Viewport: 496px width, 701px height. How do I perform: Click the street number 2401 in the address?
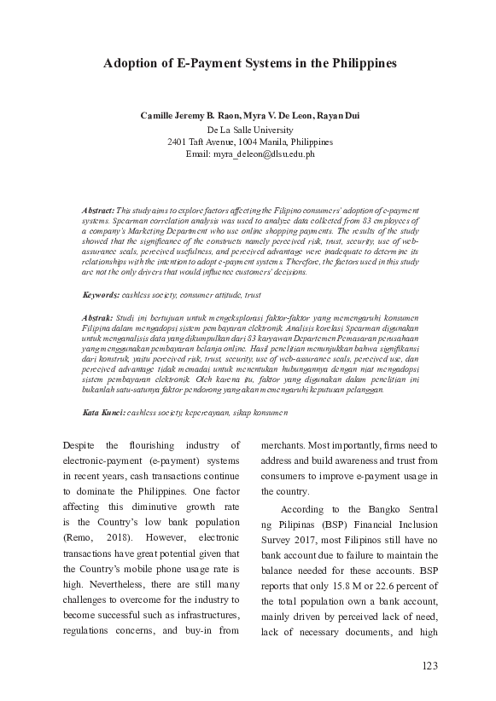click(179, 142)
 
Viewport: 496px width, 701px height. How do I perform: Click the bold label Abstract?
click(98, 209)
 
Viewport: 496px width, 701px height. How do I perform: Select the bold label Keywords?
click(101, 294)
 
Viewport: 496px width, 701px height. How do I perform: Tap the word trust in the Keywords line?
click(253, 294)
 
